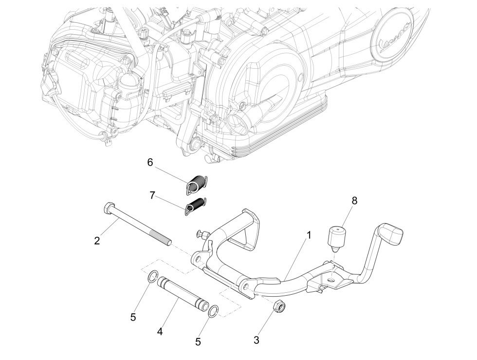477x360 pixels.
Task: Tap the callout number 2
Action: click(x=97, y=241)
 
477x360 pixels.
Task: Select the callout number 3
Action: click(x=257, y=340)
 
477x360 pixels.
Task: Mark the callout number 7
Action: click(x=152, y=195)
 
